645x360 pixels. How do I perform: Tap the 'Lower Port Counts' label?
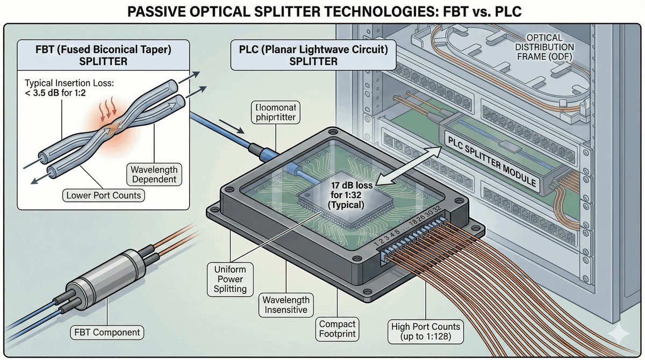click(x=104, y=195)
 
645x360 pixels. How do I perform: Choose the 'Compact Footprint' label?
click(x=337, y=329)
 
